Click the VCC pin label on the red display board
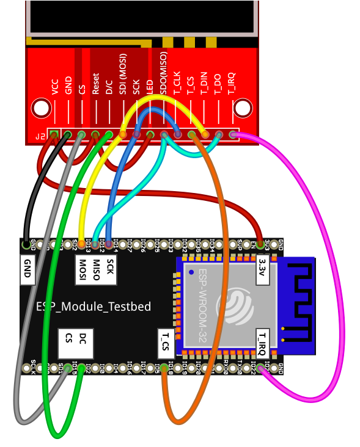(55, 87)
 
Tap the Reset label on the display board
(96, 84)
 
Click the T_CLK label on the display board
(177, 82)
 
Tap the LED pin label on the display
(150, 86)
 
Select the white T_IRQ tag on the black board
(262, 343)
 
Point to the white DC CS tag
(76, 343)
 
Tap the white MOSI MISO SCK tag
(96, 270)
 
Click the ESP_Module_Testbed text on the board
(93, 307)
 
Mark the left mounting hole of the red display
(41, 109)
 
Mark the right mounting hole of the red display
(243, 109)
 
